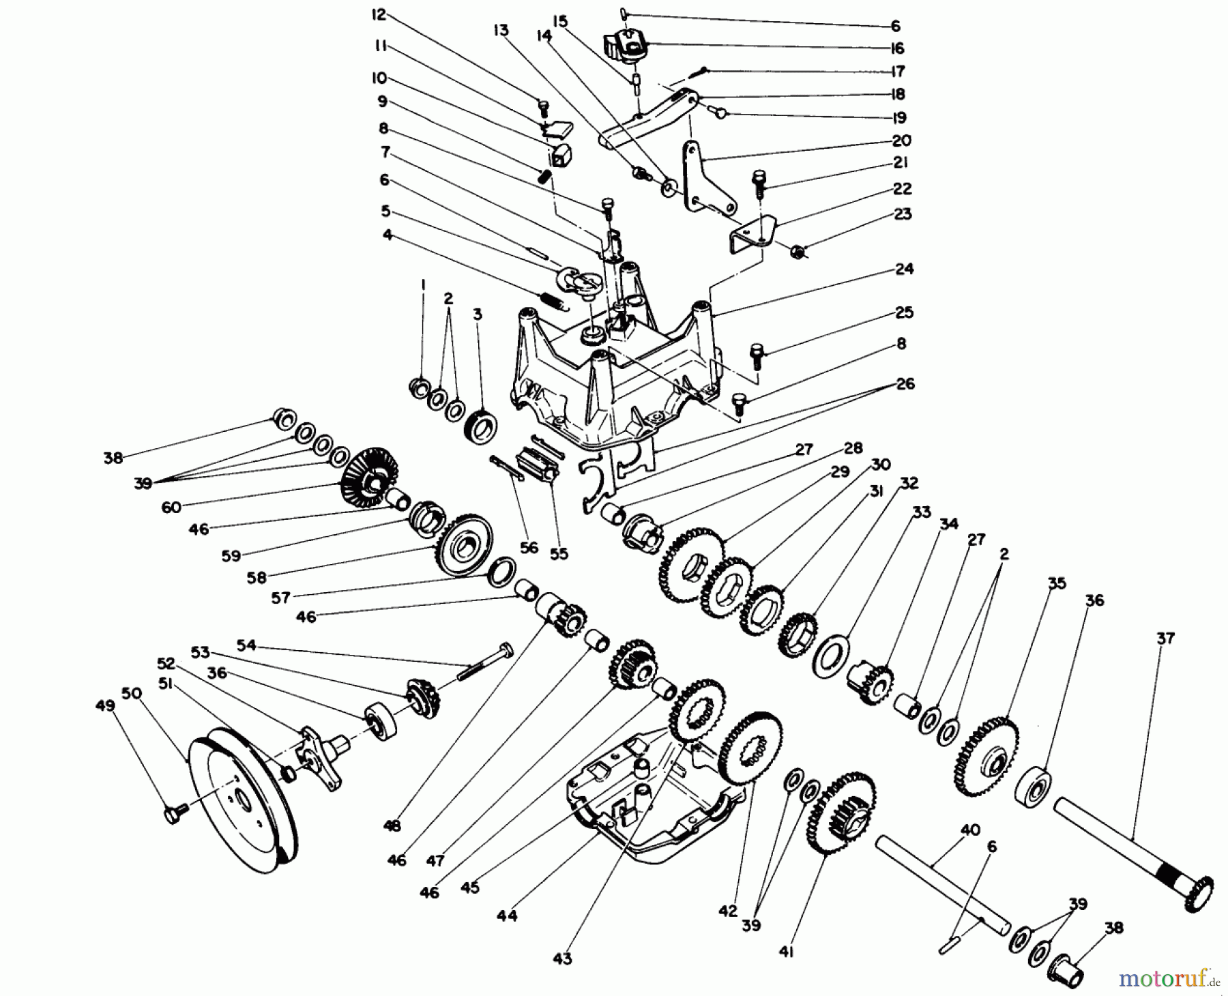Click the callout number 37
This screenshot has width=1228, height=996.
(1166, 639)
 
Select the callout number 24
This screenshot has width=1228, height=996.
(904, 269)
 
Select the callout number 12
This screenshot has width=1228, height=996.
(379, 14)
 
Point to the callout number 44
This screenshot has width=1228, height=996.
(508, 915)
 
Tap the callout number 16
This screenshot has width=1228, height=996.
(897, 48)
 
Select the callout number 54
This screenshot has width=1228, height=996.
(246, 645)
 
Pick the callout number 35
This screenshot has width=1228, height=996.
(1057, 583)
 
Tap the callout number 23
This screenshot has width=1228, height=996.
(903, 214)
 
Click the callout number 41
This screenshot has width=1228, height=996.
(785, 951)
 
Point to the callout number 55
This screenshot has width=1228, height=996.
(559, 554)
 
